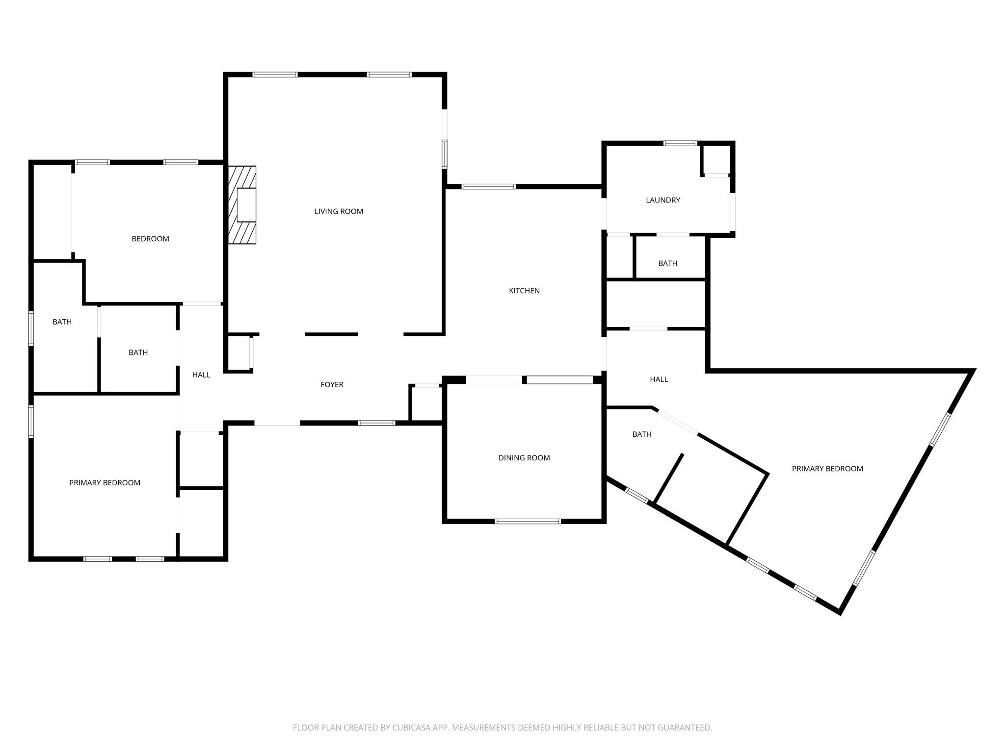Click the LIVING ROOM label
point(339,211)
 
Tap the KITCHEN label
point(524,291)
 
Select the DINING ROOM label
point(524,458)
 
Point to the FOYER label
point(332,385)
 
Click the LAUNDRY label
point(663,200)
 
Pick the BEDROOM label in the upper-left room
point(150,239)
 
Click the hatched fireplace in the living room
point(242,205)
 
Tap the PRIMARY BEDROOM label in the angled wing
point(827,469)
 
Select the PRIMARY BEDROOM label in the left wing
point(105,483)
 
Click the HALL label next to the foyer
point(201,375)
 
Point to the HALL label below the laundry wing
point(659,379)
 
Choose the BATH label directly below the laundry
point(667,264)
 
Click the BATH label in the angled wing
point(642,434)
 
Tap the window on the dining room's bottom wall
point(528,521)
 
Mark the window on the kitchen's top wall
point(489,186)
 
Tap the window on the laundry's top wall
point(680,143)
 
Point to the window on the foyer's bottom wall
point(376,423)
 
